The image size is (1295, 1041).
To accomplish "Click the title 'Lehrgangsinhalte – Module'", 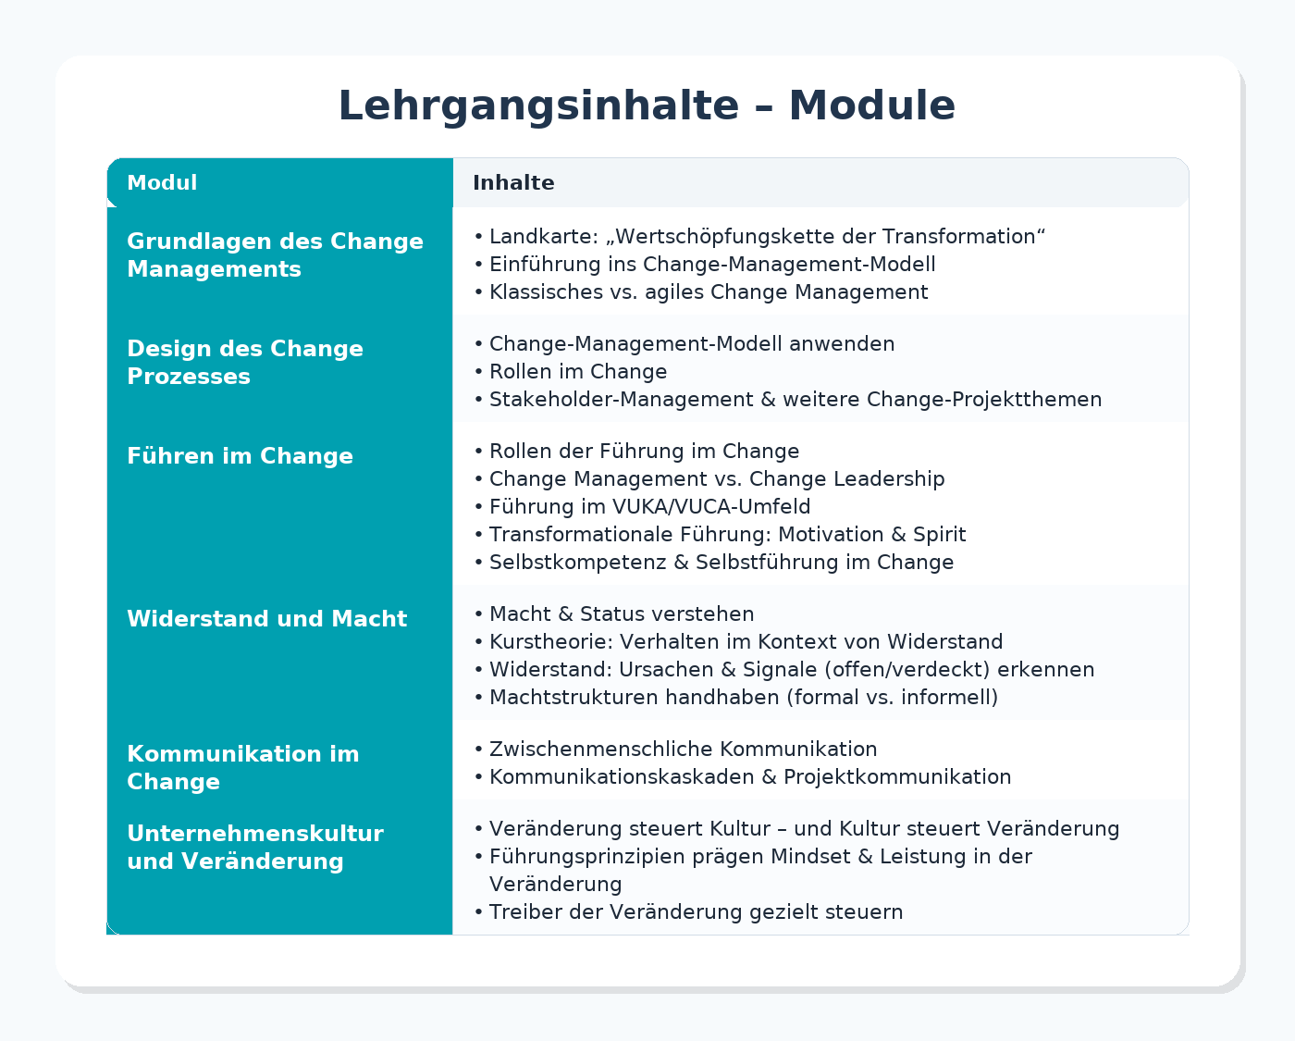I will click(x=647, y=105).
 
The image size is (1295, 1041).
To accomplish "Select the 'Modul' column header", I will click(x=162, y=183).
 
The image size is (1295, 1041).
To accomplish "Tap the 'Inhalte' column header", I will click(x=513, y=183).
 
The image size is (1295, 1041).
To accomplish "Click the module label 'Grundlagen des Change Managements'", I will click(x=275, y=255).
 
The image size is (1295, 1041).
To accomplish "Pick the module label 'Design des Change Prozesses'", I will click(x=245, y=363).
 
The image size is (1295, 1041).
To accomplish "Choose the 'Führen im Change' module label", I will click(x=240, y=456).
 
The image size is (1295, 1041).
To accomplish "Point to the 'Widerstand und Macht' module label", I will click(x=266, y=619).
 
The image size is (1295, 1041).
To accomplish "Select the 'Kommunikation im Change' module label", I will click(x=242, y=768).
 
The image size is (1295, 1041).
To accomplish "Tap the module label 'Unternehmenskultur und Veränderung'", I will click(x=254, y=848).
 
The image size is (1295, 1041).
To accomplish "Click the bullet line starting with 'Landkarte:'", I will click(x=767, y=237).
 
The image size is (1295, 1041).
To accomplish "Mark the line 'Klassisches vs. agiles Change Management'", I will click(x=709, y=292).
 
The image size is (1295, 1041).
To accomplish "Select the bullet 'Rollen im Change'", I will click(x=578, y=372).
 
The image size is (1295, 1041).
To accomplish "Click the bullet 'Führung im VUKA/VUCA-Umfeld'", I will click(x=649, y=507).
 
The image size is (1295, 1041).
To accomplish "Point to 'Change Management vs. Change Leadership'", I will click(x=717, y=479).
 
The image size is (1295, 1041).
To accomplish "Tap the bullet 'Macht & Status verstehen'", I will click(x=622, y=614).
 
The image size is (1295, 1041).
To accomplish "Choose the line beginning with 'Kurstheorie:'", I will click(x=746, y=642).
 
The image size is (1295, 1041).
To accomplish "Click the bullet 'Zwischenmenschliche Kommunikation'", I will click(x=683, y=750).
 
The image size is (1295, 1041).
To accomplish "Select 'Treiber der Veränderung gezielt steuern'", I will click(x=696, y=912).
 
